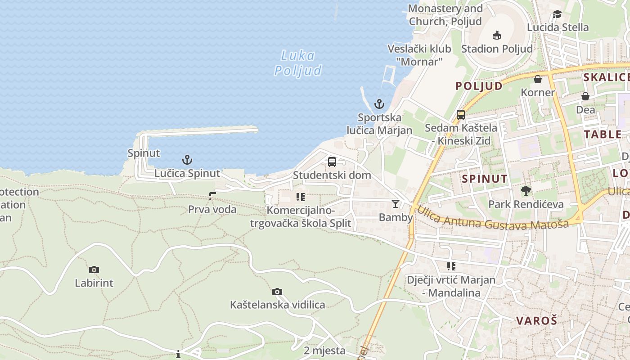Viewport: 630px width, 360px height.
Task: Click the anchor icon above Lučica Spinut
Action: (187, 160)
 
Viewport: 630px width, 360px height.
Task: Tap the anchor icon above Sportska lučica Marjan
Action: (379, 104)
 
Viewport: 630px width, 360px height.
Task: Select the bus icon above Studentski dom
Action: (332, 162)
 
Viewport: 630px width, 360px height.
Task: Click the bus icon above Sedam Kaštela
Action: (461, 114)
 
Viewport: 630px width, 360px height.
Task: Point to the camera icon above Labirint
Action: (94, 270)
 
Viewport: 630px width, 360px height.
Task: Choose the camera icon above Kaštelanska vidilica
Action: (277, 292)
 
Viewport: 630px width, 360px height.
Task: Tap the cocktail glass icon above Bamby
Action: (396, 204)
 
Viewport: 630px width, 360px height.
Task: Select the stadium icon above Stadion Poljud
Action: (497, 35)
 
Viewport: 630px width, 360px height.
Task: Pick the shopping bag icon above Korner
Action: (538, 79)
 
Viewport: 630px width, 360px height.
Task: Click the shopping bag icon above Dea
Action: (585, 96)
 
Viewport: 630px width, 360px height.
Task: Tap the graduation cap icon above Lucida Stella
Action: (557, 14)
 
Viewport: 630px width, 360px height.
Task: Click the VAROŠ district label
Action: (536, 321)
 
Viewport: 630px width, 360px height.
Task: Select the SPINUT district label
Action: (485, 179)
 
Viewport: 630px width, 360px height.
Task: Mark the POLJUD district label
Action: (479, 86)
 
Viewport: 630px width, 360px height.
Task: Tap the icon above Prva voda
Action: (212, 196)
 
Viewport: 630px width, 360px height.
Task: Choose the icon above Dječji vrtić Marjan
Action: (451, 266)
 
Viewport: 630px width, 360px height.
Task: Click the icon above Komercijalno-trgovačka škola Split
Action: (301, 197)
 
